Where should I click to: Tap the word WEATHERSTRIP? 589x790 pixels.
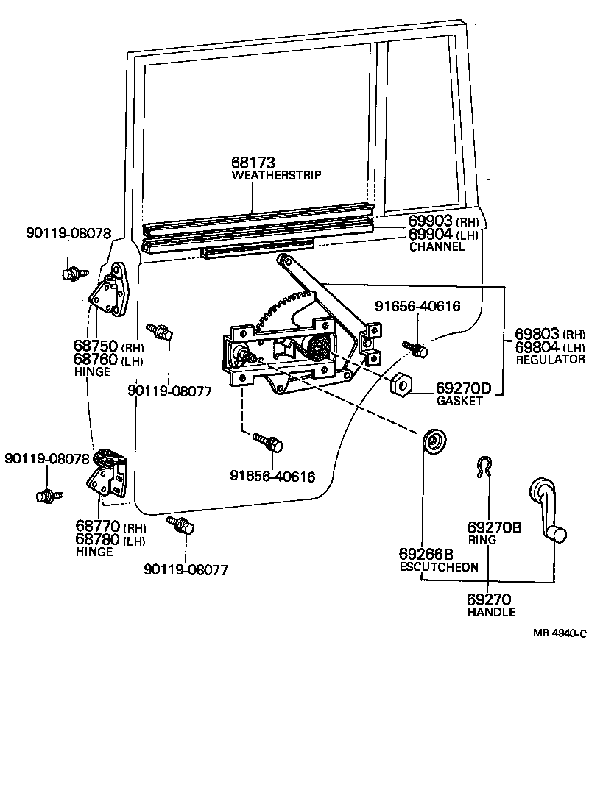(x=277, y=175)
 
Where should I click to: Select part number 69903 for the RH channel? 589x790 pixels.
(x=431, y=221)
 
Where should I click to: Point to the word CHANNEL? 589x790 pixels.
(x=437, y=247)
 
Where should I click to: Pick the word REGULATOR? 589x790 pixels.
(x=550, y=360)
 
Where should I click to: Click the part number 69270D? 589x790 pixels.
(x=463, y=388)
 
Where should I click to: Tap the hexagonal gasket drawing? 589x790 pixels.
(x=401, y=383)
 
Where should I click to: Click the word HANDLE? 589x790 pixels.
(x=491, y=612)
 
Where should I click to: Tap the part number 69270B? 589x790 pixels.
(x=494, y=527)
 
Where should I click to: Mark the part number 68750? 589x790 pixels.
(x=96, y=346)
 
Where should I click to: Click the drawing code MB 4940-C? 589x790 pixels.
(x=560, y=633)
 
